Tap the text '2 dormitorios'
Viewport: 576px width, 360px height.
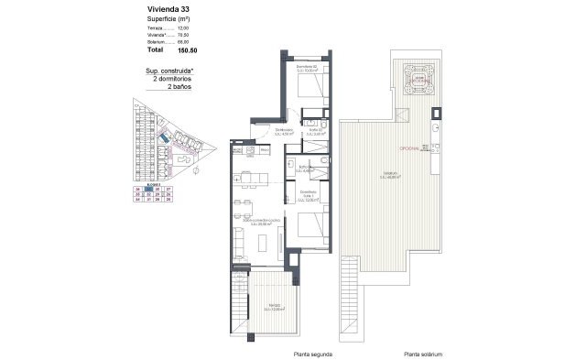click(x=175, y=80)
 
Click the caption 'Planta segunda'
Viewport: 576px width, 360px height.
click(x=313, y=353)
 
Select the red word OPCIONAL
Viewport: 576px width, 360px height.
click(x=408, y=147)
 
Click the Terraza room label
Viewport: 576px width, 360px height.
click(x=267, y=307)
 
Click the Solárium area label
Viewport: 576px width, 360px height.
click(x=394, y=177)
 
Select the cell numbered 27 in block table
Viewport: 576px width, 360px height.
click(x=170, y=188)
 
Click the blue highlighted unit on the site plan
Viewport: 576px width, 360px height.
click(x=163, y=138)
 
